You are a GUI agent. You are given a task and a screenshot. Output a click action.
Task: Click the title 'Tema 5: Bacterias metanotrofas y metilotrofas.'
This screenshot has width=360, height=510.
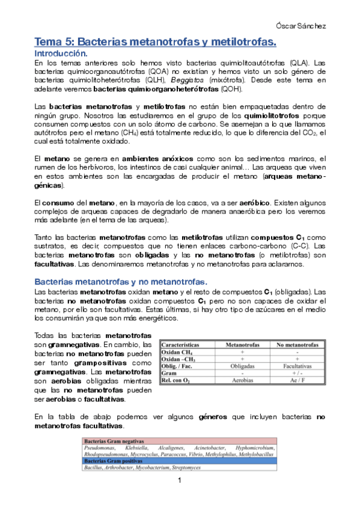click(155, 42)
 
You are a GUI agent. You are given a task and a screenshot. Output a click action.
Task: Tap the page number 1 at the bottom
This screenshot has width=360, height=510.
click(179, 481)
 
